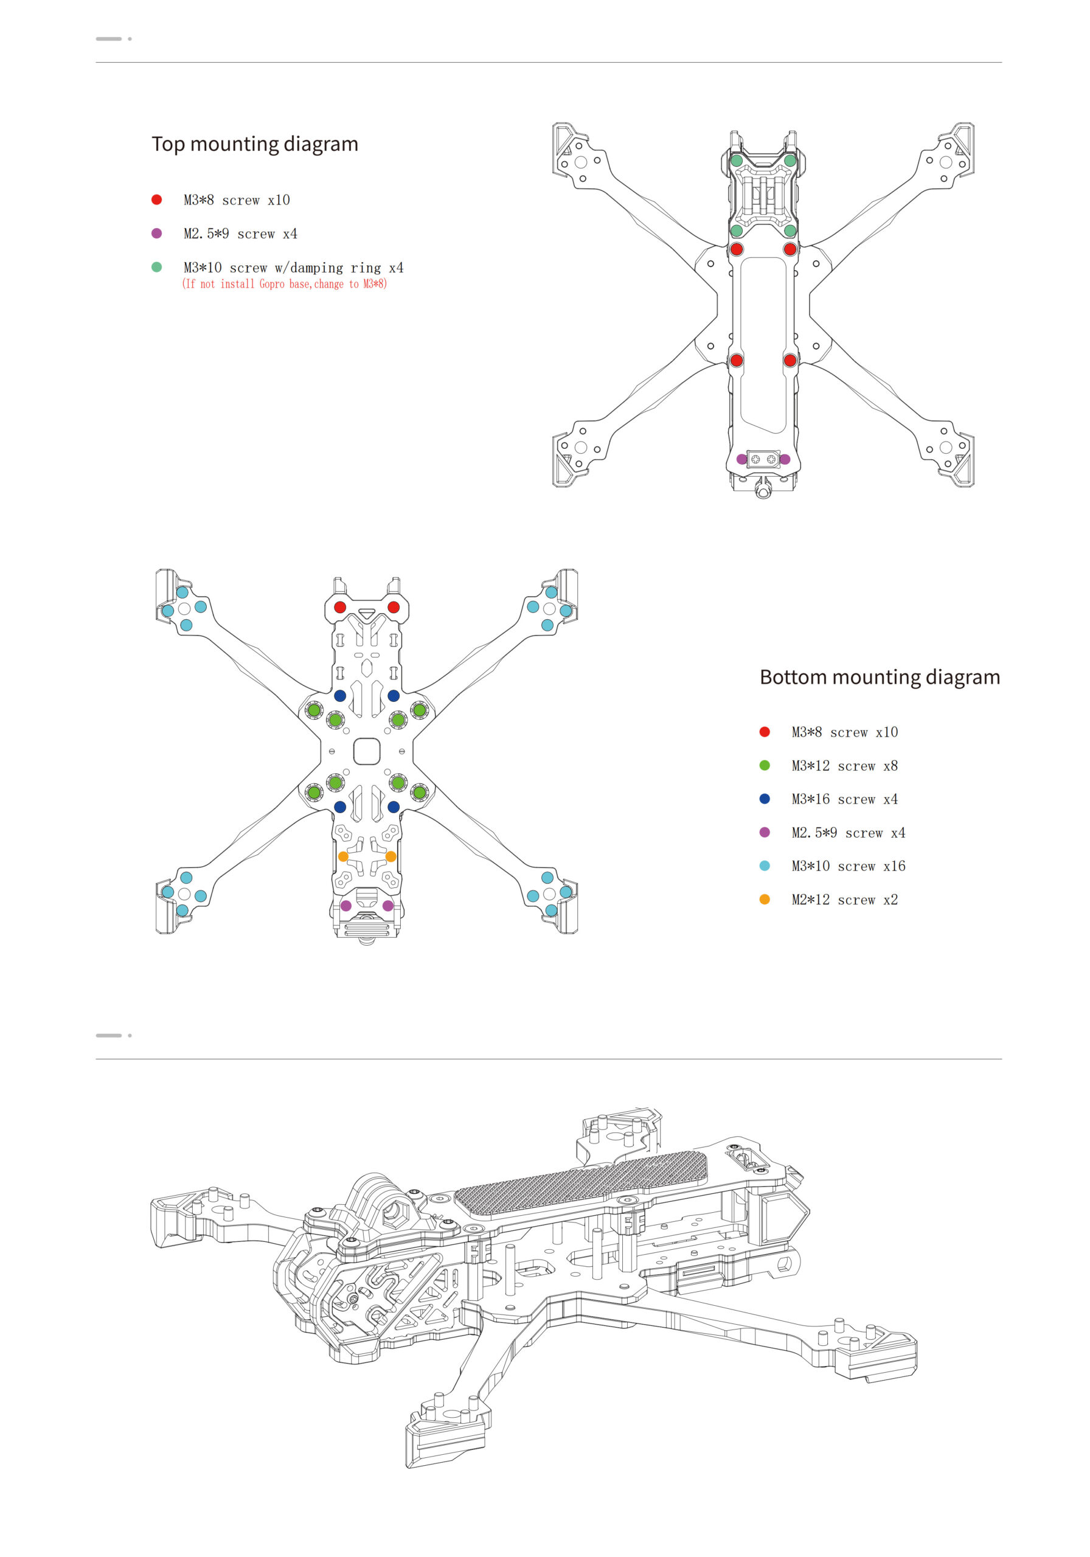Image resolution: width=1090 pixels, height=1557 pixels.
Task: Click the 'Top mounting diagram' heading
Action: pyautogui.click(x=254, y=144)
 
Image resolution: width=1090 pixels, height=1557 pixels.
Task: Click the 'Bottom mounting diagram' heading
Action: pyautogui.click(x=879, y=677)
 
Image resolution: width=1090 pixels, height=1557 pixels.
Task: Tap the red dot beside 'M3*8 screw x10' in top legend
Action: pyautogui.click(x=157, y=199)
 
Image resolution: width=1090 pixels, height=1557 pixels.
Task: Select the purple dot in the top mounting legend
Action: pyautogui.click(x=157, y=234)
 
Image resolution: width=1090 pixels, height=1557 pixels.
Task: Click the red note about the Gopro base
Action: pyautogui.click(x=284, y=284)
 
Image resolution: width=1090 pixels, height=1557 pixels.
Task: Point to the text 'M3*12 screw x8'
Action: pyautogui.click(x=844, y=766)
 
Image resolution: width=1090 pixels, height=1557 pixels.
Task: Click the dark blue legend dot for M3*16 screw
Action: pyautogui.click(x=765, y=799)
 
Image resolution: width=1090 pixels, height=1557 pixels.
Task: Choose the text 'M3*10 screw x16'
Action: pyautogui.click(x=848, y=866)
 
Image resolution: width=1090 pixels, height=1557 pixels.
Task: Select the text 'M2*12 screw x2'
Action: pyautogui.click(x=844, y=900)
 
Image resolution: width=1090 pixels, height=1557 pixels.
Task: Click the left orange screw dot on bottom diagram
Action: pyautogui.click(x=343, y=856)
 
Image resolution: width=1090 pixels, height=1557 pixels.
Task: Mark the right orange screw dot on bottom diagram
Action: pyautogui.click(x=391, y=856)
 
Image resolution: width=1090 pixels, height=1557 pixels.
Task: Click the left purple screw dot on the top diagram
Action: pyautogui.click(x=741, y=459)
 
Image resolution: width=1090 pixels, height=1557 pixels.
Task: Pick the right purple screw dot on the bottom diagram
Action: pyautogui.click(x=388, y=906)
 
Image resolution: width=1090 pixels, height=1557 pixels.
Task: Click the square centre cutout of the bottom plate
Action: pyautogui.click(x=366, y=751)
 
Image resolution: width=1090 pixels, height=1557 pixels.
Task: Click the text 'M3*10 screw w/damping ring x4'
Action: pyautogui.click(x=293, y=268)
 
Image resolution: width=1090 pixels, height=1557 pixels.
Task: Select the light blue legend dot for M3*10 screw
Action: pyautogui.click(x=765, y=866)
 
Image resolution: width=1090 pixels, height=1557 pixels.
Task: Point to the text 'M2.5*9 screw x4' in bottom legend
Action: pyautogui.click(x=848, y=833)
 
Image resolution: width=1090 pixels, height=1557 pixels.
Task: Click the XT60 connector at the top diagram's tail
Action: pyautogui.click(x=763, y=459)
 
